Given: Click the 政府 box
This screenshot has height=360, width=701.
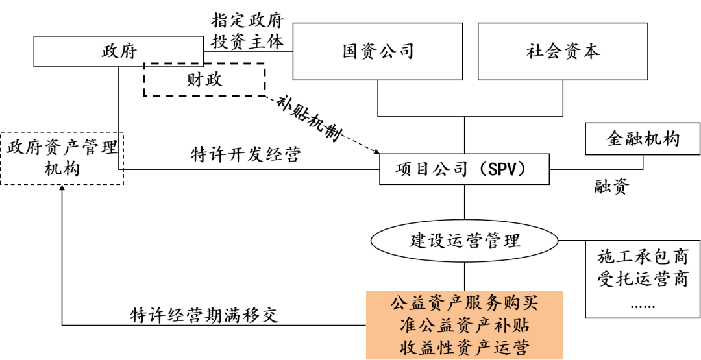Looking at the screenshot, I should pyautogui.click(x=119, y=51).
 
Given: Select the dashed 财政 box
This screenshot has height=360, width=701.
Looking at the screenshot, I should pyautogui.click(x=204, y=80).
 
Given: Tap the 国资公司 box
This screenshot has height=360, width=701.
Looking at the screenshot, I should pyautogui.click(x=378, y=51).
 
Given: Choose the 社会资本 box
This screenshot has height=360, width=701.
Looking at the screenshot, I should pyautogui.click(x=563, y=51).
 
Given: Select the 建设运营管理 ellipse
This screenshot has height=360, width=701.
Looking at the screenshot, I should pyautogui.click(x=465, y=241).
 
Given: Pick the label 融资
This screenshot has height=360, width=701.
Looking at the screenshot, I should pyautogui.click(x=611, y=187).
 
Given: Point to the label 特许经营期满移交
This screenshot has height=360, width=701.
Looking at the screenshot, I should pyautogui.click(x=204, y=315).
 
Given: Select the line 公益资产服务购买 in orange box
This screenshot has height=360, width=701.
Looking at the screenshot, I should pyautogui.click(x=465, y=303).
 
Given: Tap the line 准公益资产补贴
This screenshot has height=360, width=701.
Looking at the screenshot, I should pyautogui.click(x=465, y=325).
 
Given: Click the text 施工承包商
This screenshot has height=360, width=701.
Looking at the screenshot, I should pyautogui.click(x=643, y=258).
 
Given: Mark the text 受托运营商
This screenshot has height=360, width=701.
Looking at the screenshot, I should pyautogui.click(x=643, y=281).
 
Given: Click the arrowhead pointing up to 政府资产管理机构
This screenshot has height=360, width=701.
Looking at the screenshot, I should pyautogui.click(x=62, y=190).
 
